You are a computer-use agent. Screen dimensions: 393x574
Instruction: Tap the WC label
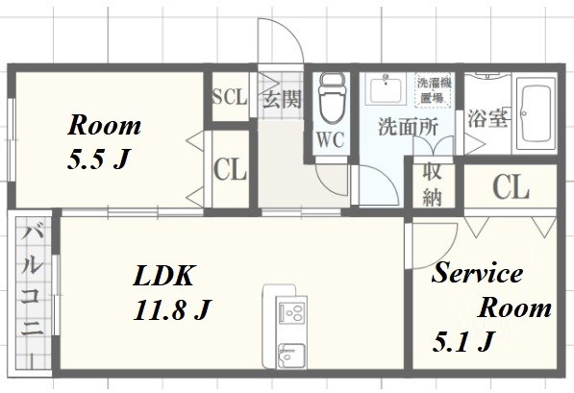[x=330, y=139]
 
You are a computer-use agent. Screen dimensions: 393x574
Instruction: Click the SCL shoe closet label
[x=229, y=97]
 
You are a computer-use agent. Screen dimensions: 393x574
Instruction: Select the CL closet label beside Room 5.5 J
[x=230, y=171]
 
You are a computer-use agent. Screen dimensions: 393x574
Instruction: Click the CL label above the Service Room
[x=510, y=187]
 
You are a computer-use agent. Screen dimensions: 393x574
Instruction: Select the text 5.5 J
[x=97, y=159]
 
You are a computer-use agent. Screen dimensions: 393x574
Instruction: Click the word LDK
[x=163, y=277]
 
